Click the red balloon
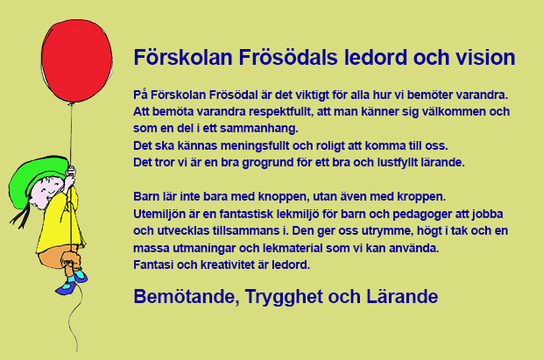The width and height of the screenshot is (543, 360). (76, 61)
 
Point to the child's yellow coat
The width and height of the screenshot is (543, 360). (60, 225)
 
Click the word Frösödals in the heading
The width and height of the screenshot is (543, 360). (288, 57)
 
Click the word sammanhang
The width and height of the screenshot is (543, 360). (258, 129)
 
